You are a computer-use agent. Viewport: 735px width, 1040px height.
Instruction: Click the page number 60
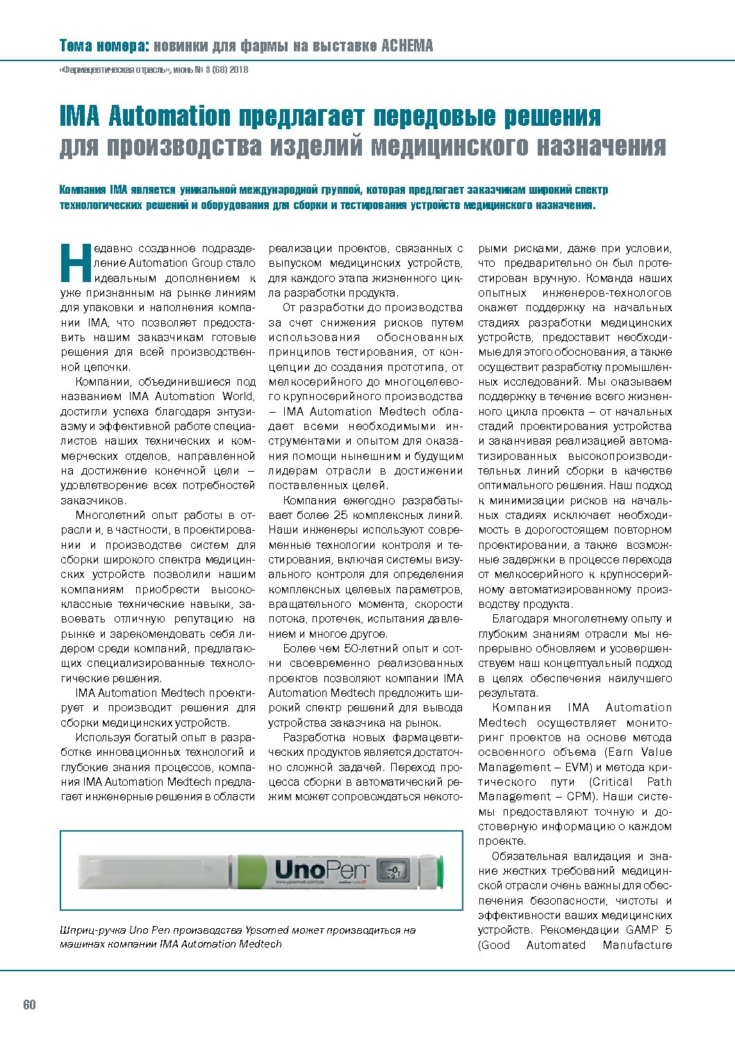pyautogui.click(x=29, y=1005)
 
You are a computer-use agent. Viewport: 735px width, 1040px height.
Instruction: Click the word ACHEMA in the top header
pyautogui.click(x=406, y=47)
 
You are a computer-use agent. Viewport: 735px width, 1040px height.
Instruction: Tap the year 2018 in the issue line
pyautogui.click(x=239, y=70)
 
